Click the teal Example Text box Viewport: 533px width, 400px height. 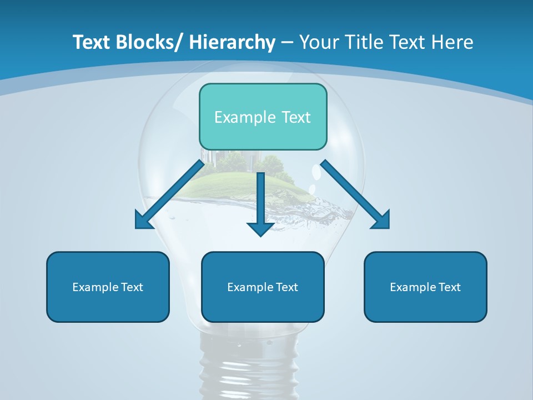[263, 117]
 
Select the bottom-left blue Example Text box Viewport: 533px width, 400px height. [108, 287]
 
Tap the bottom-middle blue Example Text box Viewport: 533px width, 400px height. [263, 287]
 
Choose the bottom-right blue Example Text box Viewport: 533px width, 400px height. [425, 287]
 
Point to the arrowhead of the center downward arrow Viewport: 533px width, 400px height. [260, 229]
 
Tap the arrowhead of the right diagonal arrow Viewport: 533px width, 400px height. [382, 221]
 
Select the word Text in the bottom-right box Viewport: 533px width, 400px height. [449, 287]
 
